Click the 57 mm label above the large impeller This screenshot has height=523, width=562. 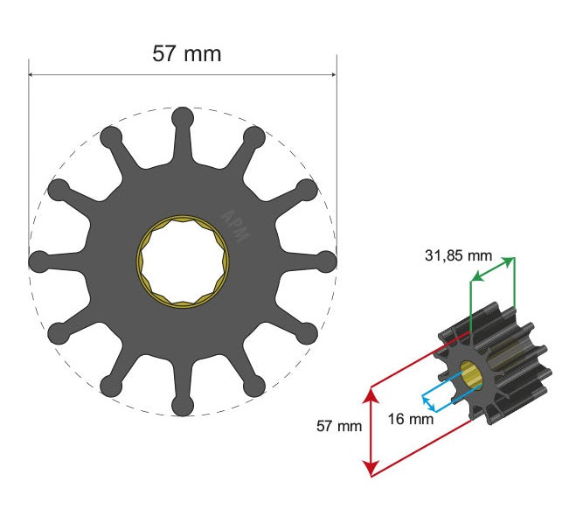point(187,53)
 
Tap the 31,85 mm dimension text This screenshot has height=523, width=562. point(457,256)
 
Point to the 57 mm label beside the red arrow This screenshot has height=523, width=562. point(337,427)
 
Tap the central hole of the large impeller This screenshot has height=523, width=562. point(182,261)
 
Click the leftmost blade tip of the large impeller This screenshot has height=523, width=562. point(38,261)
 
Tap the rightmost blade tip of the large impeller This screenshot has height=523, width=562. point(326,261)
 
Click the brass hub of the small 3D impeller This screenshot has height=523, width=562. point(472,376)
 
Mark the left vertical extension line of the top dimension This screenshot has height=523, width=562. point(28,157)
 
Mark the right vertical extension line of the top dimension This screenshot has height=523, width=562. point(337,157)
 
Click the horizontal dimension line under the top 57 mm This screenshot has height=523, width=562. point(105,73)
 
